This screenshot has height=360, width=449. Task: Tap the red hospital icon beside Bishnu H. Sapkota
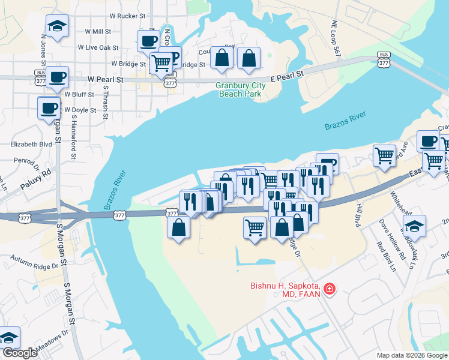point(329,290)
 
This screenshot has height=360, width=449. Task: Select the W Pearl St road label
point(106,79)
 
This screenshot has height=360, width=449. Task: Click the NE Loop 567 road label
point(336,40)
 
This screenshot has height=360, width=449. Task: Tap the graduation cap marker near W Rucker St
point(57,26)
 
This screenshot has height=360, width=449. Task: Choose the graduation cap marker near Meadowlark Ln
point(414,226)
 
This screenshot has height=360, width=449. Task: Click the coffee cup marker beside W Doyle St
point(49,108)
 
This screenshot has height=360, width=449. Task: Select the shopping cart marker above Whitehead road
point(384,155)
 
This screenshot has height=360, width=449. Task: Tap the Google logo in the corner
point(19,353)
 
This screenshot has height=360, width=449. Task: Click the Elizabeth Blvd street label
point(31,144)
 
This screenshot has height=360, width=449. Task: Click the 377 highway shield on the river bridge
point(172,213)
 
